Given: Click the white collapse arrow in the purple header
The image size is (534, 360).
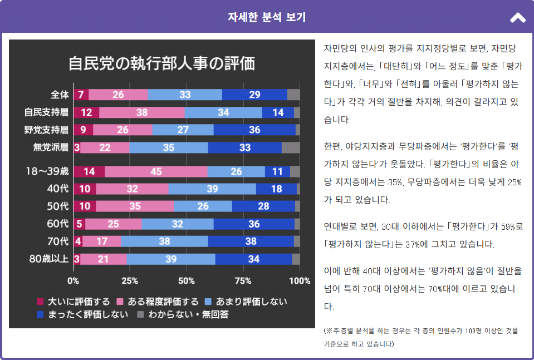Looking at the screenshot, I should click(x=517, y=18).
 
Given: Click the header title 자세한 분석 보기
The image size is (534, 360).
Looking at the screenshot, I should click(x=267, y=17).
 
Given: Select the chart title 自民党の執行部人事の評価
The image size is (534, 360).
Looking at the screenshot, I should click(x=161, y=63).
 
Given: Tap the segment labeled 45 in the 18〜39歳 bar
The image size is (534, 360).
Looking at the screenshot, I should click(x=156, y=171).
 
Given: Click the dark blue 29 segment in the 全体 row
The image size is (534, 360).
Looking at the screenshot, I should click(x=254, y=95).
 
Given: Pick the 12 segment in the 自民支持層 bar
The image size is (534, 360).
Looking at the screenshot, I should click(x=86, y=112).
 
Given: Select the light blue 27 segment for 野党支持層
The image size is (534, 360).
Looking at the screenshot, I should click(x=183, y=130).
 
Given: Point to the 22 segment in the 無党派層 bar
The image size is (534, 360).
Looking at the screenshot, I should click(x=105, y=147).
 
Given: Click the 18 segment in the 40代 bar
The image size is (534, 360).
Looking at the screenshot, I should click(x=276, y=189).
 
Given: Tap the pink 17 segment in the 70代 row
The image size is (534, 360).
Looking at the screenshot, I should click(x=102, y=241).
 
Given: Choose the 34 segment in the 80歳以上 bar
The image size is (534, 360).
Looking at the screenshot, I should click(x=253, y=259).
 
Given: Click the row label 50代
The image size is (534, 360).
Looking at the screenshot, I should click(x=57, y=206).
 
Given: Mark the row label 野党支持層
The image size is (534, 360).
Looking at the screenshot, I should click(x=46, y=130).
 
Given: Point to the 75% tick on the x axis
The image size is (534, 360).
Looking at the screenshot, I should click(x=243, y=281).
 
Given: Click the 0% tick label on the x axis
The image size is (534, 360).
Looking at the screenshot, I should click(x=73, y=281).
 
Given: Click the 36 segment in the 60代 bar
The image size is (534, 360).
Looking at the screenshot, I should click(x=254, y=224).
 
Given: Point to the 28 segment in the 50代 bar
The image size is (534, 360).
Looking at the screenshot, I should click(x=263, y=206).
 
